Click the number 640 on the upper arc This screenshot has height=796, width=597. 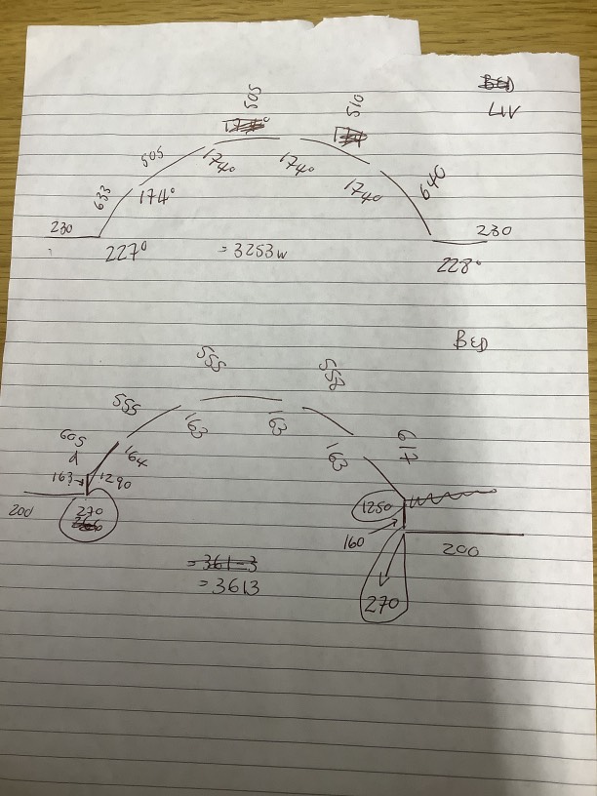tap(432, 182)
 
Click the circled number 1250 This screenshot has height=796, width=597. tap(377, 507)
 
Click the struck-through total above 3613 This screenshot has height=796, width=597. tap(222, 564)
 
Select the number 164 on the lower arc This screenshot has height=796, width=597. tap(136, 455)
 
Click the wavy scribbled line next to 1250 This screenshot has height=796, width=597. tap(444, 500)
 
